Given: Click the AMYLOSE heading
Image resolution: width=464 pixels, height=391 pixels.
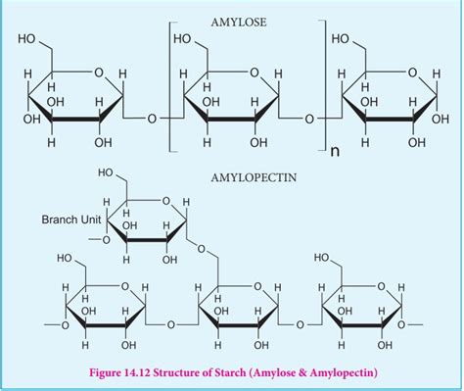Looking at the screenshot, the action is click(239, 23).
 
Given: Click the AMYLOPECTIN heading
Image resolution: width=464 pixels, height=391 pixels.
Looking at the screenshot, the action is click(254, 177).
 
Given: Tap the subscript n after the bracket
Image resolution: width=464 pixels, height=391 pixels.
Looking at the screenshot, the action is click(335, 152).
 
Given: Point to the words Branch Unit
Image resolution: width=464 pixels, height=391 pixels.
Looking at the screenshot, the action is click(71, 220).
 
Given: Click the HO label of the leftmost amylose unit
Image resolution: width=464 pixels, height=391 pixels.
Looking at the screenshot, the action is click(26, 39).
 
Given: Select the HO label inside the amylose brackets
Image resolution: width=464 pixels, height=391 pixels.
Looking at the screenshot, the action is click(182, 39).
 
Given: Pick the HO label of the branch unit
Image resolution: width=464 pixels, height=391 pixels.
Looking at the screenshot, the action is click(106, 172).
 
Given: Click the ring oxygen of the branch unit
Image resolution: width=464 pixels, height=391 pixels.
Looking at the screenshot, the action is click(165, 201).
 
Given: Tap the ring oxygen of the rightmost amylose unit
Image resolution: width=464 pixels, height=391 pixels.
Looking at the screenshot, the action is click(413, 73).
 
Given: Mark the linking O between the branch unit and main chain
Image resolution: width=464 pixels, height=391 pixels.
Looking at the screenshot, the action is click(202, 249).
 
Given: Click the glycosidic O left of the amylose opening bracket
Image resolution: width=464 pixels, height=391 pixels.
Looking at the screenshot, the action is click(152, 119).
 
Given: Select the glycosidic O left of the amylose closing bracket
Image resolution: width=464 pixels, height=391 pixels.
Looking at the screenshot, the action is click(308, 119).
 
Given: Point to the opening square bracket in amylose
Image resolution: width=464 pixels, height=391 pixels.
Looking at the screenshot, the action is click(170, 86).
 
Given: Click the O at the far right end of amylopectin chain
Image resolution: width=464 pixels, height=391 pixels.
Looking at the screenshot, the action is click(401, 325).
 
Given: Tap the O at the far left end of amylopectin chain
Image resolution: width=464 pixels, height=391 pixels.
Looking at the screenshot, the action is click(65, 325).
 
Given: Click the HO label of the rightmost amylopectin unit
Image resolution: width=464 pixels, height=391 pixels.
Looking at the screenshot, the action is click(322, 258).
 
